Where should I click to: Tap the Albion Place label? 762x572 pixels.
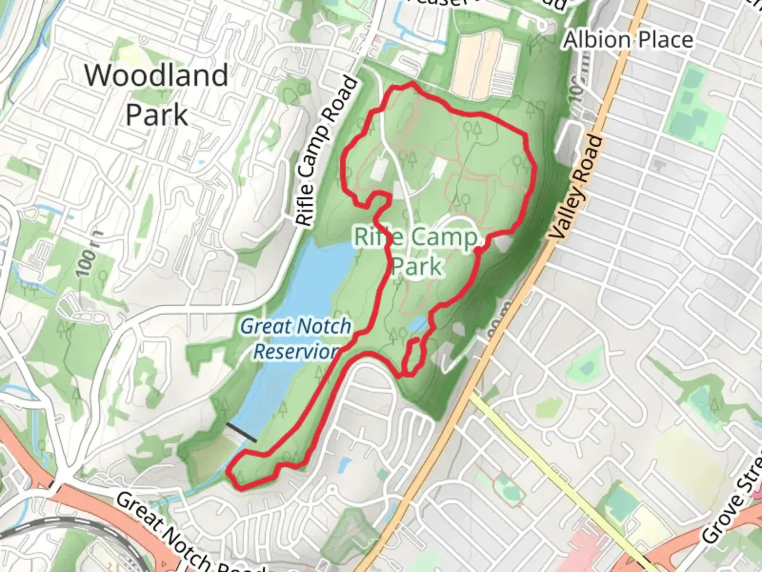point(628,40)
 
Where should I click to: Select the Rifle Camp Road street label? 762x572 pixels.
point(326,152)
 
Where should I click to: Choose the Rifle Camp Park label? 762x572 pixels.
point(416,251)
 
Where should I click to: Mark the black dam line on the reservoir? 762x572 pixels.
point(241,432)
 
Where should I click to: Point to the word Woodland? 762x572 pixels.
point(157,75)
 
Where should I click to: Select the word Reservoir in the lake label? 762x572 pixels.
point(296,351)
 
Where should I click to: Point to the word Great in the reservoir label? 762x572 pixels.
point(265,326)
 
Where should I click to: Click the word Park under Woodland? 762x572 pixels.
point(157,114)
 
